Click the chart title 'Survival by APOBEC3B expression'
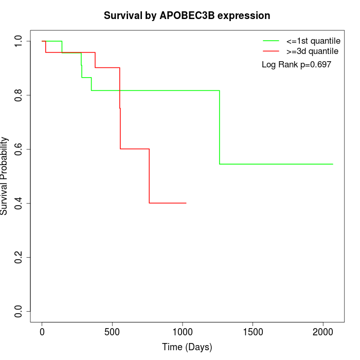(x=187, y=15)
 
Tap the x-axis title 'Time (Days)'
(x=187, y=347)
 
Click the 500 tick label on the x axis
(x=112, y=332)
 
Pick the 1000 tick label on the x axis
(x=183, y=332)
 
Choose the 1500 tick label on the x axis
(x=253, y=332)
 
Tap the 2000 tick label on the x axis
(x=323, y=332)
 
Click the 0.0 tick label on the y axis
(x=19, y=311)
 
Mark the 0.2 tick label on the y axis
(x=19, y=257)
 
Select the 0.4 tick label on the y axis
(x=19, y=203)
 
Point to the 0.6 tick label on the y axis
(x=19, y=149)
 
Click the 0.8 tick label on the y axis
(x=19, y=95)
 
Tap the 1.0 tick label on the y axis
(x=19, y=41)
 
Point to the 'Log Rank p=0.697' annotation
(x=296, y=64)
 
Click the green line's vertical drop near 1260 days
(x=220, y=127)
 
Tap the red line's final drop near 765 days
(x=149, y=176)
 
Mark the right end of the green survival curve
(x=333, y=164)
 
